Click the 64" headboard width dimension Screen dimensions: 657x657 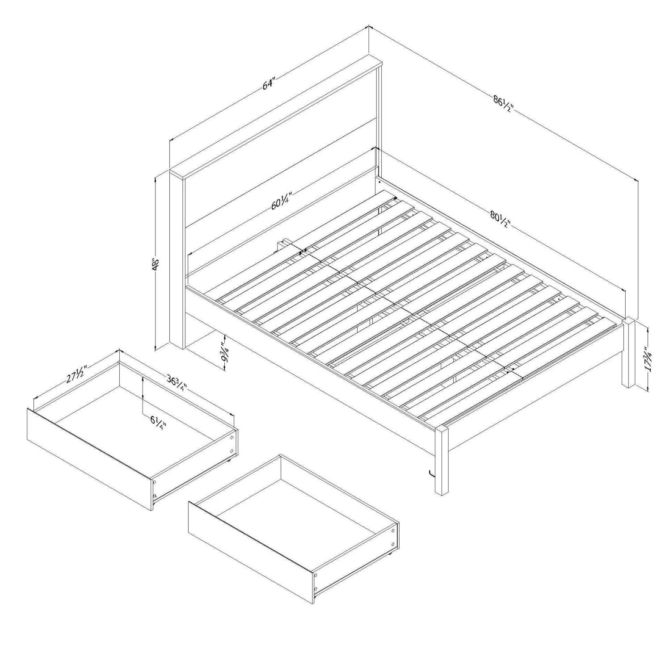pyautogui.click(x=269, y=84)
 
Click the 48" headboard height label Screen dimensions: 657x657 pyautogui.click(x=156, y=264)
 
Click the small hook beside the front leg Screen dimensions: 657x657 pyautogui.click(x=431, y=473)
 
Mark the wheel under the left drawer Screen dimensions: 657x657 pyautogui.click(x=229, y=460)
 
